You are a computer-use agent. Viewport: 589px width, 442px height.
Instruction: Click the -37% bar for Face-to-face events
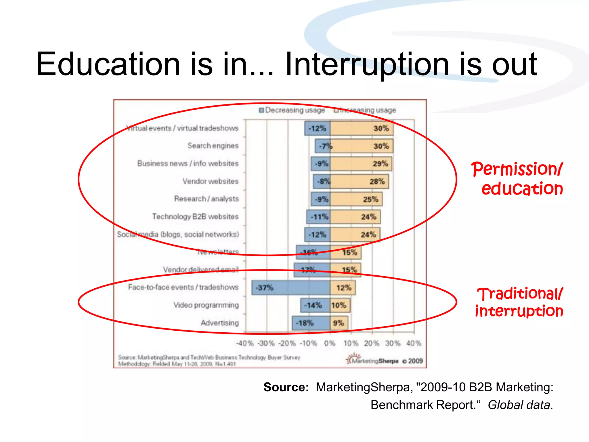290,287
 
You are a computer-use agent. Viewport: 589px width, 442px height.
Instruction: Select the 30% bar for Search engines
362,146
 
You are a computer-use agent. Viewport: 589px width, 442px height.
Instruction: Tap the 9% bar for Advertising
339,323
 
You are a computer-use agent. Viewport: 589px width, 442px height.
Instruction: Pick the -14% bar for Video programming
315,305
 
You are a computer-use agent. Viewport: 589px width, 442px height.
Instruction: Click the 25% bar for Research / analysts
356,199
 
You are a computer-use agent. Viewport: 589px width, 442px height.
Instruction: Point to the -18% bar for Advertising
311,323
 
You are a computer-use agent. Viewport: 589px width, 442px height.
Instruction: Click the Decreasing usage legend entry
292,110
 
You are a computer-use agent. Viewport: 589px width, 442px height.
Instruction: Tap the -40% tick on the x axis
244,343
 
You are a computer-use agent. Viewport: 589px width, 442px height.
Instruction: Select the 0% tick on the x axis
330,343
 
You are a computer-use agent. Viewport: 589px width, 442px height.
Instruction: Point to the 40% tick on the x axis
414,343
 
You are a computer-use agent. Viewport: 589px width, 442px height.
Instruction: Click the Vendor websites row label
210,181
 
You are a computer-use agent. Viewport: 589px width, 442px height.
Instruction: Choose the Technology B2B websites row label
195,216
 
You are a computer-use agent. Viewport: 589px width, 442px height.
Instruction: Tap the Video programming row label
206,305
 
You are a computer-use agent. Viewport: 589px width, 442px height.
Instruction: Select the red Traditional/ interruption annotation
519,302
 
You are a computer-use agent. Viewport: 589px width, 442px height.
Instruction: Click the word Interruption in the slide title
366,64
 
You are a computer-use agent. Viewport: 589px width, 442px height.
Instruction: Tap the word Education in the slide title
108,64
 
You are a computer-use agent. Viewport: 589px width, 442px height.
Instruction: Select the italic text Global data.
520,405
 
